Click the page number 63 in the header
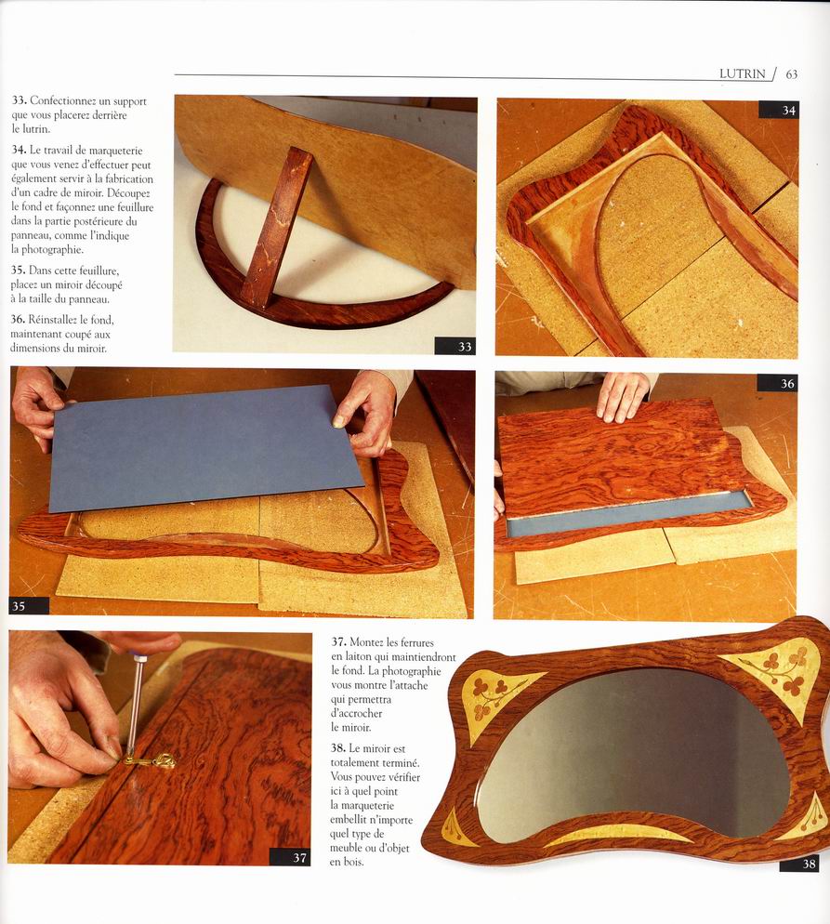792,74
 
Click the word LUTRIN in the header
743,74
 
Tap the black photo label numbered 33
455,347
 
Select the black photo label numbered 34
779,110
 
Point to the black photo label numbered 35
29,606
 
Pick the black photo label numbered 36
777,383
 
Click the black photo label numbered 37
290,857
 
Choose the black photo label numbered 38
799,864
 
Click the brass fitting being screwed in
152,761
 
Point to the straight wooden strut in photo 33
276,227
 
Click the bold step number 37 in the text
338,641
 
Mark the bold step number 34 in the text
19,150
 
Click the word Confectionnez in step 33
70,101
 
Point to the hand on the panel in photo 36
623,395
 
